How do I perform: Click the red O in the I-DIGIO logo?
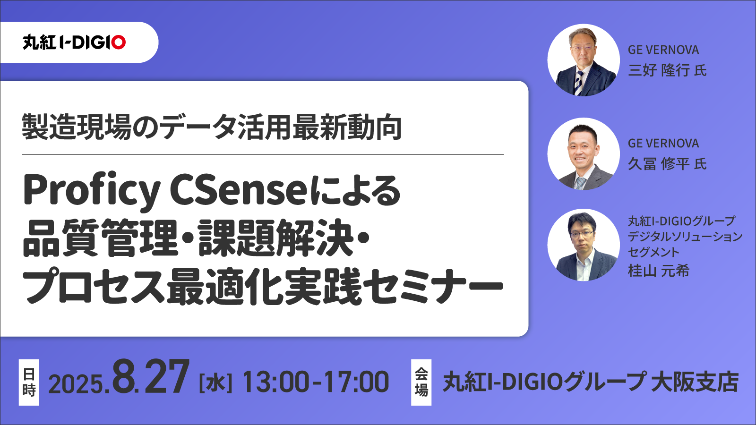pos(118,42)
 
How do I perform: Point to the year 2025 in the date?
pos(76,383)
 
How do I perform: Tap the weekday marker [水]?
pos(215,382)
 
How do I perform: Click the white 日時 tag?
pos(29,382)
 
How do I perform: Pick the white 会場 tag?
pos(421,382)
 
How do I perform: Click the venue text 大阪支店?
pos(695,382)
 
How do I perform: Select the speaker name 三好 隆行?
pos(658,70)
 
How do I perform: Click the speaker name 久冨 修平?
pos(658,164)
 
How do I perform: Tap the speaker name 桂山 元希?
pos(658,271)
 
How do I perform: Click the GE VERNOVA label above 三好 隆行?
pos(663,50)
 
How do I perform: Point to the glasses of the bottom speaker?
pos(582,233)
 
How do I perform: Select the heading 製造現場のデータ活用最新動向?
pos(212,127)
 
